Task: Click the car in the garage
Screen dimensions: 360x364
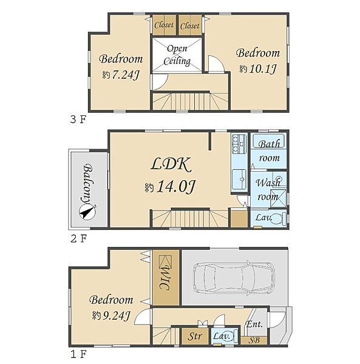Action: [234, 278]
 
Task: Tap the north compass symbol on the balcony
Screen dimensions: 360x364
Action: [87, 212]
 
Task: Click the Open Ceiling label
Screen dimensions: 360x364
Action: [177, 55]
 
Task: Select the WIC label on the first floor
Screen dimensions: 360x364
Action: [166, 277]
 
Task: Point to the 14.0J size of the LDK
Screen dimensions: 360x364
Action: [176, 187]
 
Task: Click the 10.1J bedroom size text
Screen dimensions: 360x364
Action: [262, 69]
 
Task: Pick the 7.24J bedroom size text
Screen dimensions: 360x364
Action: [125, 75]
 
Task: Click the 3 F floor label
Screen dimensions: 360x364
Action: [78, 120]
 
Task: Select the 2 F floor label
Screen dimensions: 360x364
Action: [78, 238]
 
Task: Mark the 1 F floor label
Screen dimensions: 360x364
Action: [78, 354]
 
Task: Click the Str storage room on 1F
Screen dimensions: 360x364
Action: [195, 336]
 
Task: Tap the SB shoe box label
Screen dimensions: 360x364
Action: [254, 340]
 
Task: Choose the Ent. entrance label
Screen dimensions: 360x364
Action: [254, 323]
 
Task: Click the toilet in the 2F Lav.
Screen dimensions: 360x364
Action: [279, 218]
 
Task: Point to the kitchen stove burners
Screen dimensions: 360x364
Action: [239, 144]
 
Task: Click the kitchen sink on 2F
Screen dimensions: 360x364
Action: [239, 179]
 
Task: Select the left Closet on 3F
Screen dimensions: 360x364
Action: [164, 25]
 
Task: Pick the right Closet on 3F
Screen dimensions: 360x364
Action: [190, 25]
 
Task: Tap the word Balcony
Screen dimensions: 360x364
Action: [87, 184]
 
